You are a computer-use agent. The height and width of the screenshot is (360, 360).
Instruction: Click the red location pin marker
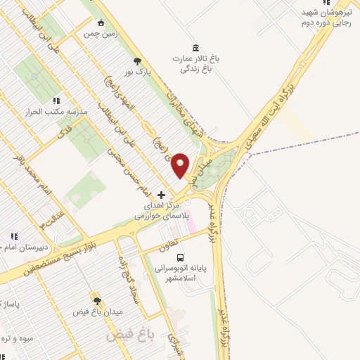coord(181,165)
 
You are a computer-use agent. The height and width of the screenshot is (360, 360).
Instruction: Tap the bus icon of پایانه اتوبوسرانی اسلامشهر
coord(181,258)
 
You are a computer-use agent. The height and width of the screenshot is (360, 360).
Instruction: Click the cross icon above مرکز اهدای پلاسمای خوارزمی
coord(161,194)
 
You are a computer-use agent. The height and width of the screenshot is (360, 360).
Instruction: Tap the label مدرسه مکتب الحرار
coord(57,112)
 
